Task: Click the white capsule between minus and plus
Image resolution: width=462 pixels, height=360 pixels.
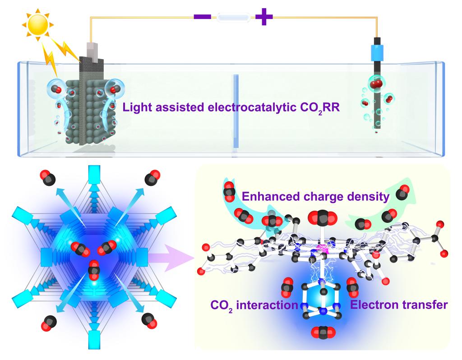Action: tap(233, 18)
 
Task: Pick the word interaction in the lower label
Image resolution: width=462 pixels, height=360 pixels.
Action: tap(270, 305)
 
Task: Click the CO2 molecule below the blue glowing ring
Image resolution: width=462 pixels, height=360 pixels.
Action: tap(323, 333)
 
